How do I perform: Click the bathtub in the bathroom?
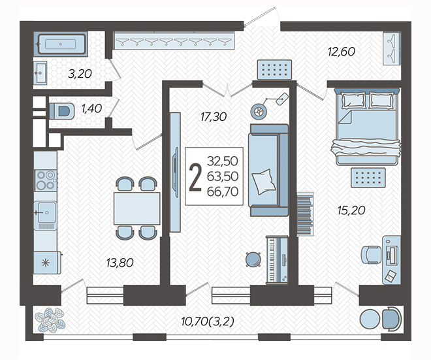pos(61,44)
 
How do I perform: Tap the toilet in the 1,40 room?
pos(62,111)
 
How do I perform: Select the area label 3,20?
pos(80,74)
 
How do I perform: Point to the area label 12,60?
pos(342,52)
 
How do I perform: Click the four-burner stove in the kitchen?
pos(45,180)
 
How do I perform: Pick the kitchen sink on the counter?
pos(45,212)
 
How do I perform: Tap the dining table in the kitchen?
pos(137,208)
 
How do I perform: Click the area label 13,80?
pos(120,263)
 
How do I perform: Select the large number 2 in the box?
pos(195,177)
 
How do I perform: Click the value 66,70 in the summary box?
pos(223,191)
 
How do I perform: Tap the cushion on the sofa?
pos(264,182)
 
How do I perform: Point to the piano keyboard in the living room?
pos(277,260)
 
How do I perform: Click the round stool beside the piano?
pos(253,259)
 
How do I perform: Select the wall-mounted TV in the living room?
pos(176,172)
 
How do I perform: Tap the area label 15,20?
pos(351,210)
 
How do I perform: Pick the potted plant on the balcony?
pos(50,319)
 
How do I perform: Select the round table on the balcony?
pos(370,319)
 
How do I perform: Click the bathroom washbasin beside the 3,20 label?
pos(40,73)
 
